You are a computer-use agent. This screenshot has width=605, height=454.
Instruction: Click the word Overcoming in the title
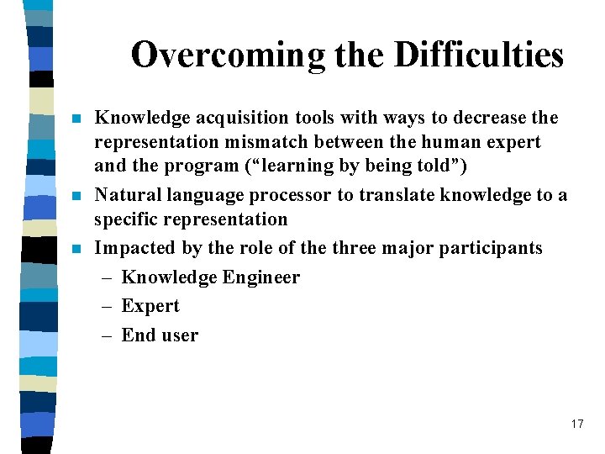pyautogui.click(x=227, y=55)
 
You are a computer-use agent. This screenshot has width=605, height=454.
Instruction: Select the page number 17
pyautogui.click(x=576, y=424)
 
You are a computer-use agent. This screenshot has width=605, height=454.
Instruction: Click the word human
pyautogui.click(x=448, y=142)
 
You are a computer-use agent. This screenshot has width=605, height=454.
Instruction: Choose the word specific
pyautogui.click(x=126, y=219)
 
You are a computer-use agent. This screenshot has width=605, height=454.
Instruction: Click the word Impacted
pyautogui.click(x=133, y=248)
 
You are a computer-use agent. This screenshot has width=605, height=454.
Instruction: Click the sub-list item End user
pyautogui.click(x=160, y=335)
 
